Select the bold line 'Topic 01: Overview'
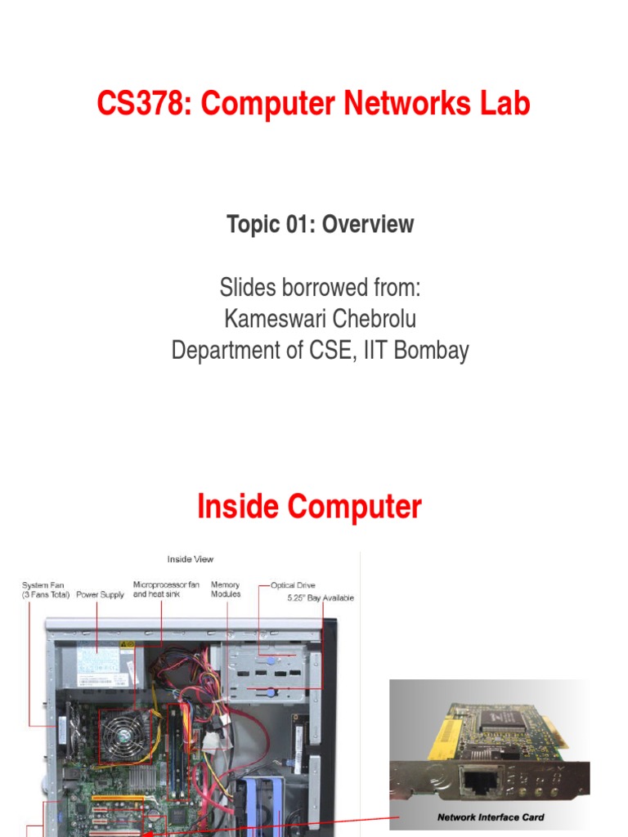(x=321, y=225)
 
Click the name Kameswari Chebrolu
(x=320, y=319)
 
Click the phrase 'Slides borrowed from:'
(x=320, y=288)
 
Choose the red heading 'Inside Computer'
(x=309, y=508)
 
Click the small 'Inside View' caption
(x=191, y=559)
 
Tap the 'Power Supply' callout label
(x=101, y=595)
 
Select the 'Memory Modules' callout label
(x=226, y=589)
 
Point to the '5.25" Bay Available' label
(x=321, y=598)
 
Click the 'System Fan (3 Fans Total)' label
(x=46, y=589)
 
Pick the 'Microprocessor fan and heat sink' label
(x=166, y=589)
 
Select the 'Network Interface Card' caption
(x=491, y=817)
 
